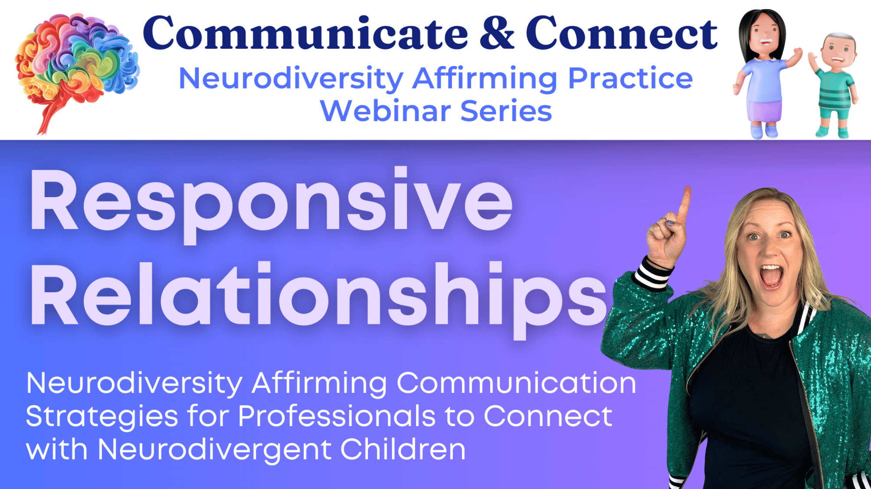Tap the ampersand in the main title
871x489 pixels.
497,33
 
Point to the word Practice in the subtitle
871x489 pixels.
630,79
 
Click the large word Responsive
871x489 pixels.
272,204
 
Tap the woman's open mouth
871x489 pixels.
771,277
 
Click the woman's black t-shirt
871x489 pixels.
750,404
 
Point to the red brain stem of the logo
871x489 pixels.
52,113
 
